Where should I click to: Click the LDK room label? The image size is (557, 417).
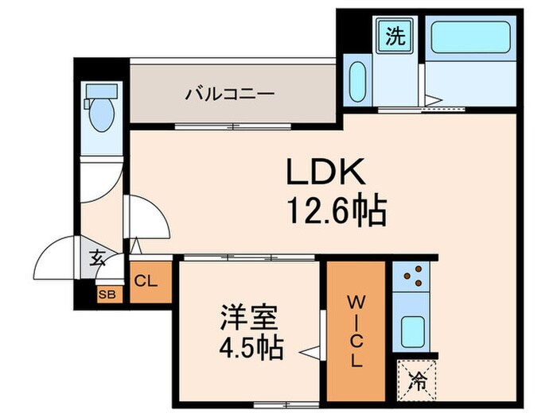point(325,172)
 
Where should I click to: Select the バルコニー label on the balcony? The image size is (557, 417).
point(231,94)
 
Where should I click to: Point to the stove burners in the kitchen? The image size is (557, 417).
point(412,276)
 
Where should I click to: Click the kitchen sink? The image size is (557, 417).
point(412,328)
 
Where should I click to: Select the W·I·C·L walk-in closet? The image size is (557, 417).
point(356,330)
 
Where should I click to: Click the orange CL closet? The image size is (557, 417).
point(148,280)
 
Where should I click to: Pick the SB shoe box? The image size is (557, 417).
point(105,294)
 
